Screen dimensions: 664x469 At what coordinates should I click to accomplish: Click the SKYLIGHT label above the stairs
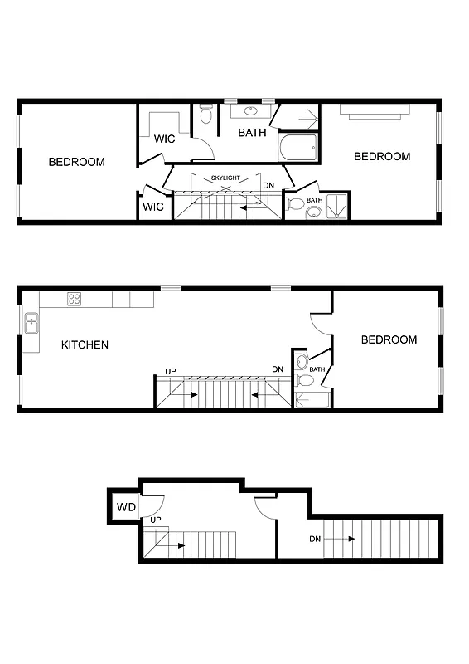(x=225, y=178)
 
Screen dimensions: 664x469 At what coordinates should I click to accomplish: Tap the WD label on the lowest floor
(x=126, y=507)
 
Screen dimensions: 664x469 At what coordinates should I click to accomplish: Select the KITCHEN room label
(x=85, y=344)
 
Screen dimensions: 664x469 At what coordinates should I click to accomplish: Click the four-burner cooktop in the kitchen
(x=75, y=300)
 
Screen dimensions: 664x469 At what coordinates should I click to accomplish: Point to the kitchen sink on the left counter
(x=31, y=322)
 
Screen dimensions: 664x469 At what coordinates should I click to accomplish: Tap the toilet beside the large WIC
(x=206, y=117)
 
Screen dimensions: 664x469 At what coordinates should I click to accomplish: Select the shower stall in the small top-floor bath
(x=336, y=207)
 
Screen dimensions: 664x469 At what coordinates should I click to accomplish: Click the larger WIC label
(x=165, y=139)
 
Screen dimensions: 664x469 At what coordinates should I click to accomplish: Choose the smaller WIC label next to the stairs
(x=153, y=207)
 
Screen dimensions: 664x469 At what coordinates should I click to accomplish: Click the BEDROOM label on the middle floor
(x=389, y=339)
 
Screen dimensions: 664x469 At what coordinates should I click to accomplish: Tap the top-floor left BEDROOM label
(x=77, y=162)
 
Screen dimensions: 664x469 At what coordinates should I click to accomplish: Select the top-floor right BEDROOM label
(x=382, y=156)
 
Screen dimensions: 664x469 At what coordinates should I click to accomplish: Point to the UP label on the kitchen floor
(x=171, y=370)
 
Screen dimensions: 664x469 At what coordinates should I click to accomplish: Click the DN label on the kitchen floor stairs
(x=278, y=369)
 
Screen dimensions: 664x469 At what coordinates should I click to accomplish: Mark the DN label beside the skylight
(x=268, y=186)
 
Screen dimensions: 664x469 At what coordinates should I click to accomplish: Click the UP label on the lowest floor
(x=155, y=520)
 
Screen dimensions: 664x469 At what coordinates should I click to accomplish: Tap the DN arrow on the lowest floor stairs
(x=340, y=539)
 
